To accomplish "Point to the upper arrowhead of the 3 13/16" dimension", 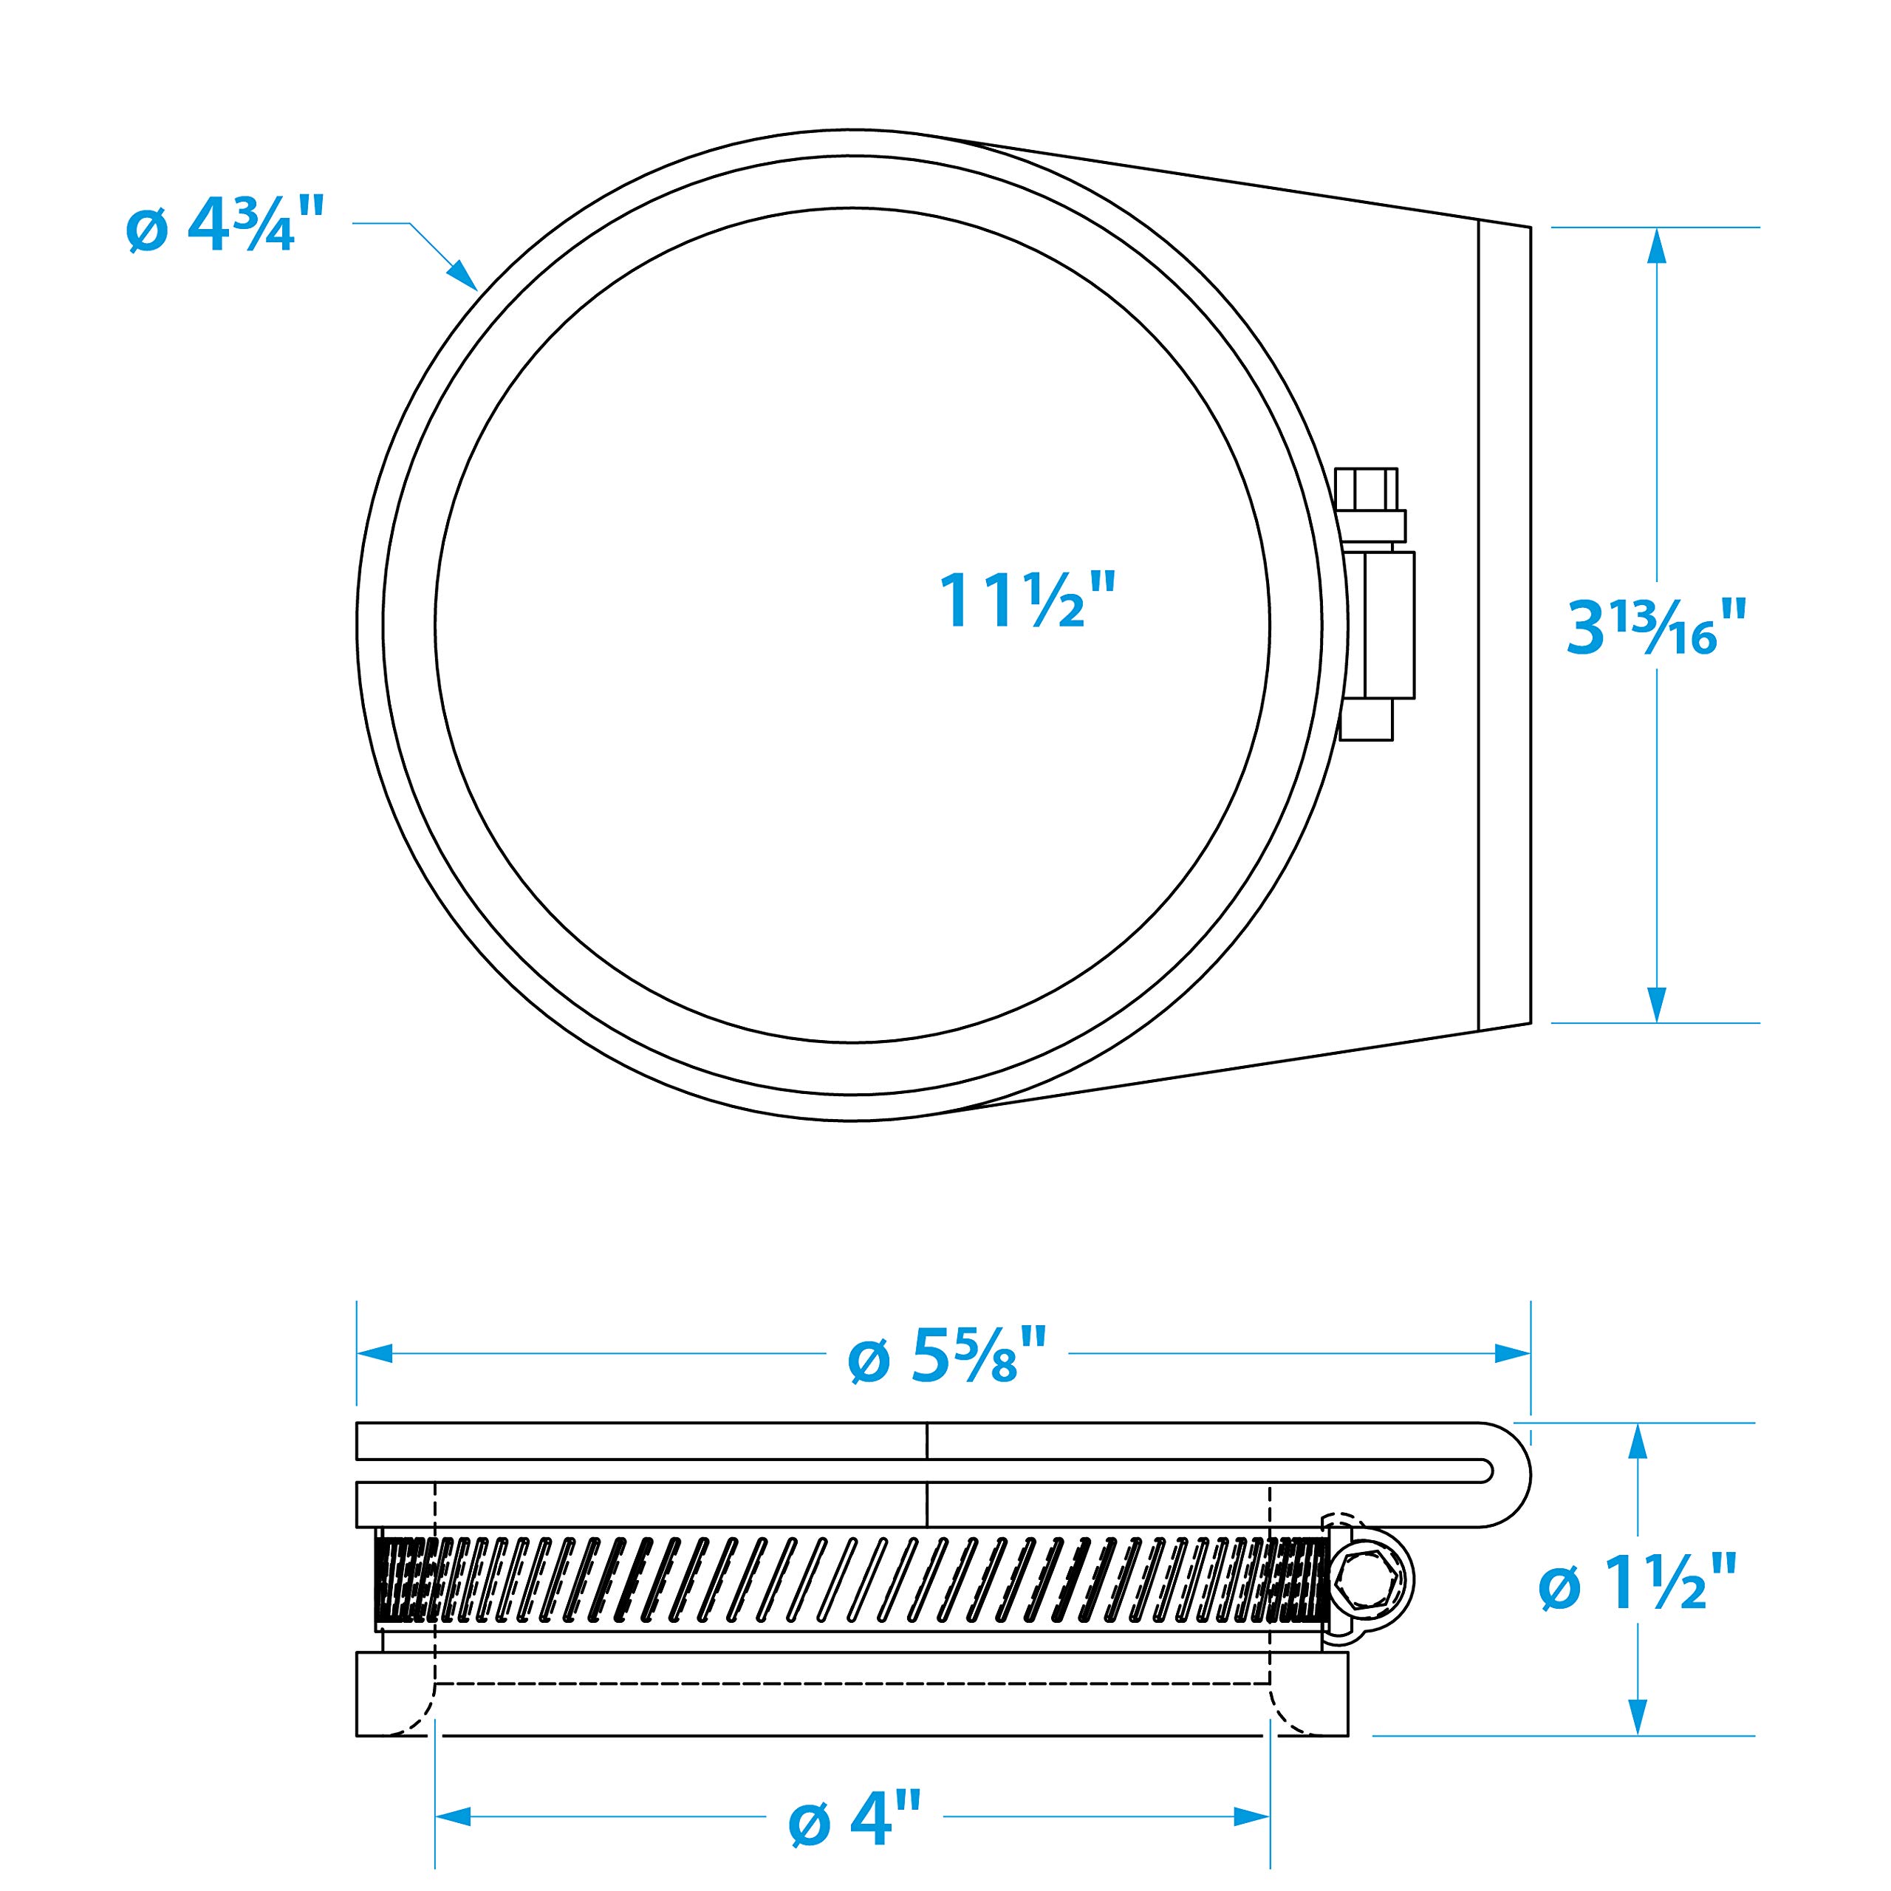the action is (x=1656, y=247).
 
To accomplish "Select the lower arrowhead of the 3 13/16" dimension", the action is (x=1656, y=1003).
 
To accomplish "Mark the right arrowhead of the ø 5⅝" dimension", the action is (x=1512, y=1354).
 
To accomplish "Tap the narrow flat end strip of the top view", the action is (x=1503, y=626).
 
